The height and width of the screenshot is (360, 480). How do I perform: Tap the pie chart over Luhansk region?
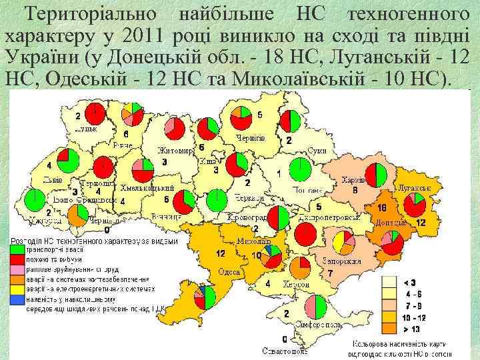pyautogui.click(x=419, y=205)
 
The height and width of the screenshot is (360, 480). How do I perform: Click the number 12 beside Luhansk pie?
pyautogui.click(x=421, y=223)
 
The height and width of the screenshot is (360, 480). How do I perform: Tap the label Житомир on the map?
pyautogui.click(x=175, y=151)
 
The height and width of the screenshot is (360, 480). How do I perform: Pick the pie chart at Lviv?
pyautogui.click(x=67, y=161)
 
